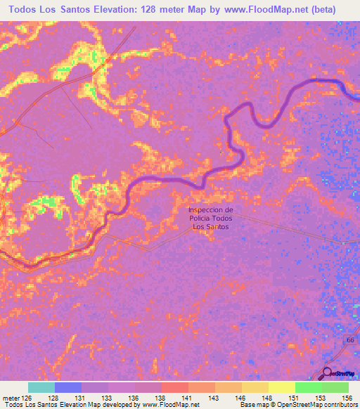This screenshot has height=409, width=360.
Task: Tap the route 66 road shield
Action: (349, 339)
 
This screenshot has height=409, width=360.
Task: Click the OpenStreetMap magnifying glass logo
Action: (328, 373)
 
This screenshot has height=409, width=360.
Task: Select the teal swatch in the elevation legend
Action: (41, 387)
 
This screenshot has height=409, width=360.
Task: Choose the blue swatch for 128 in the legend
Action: (68, 387)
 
